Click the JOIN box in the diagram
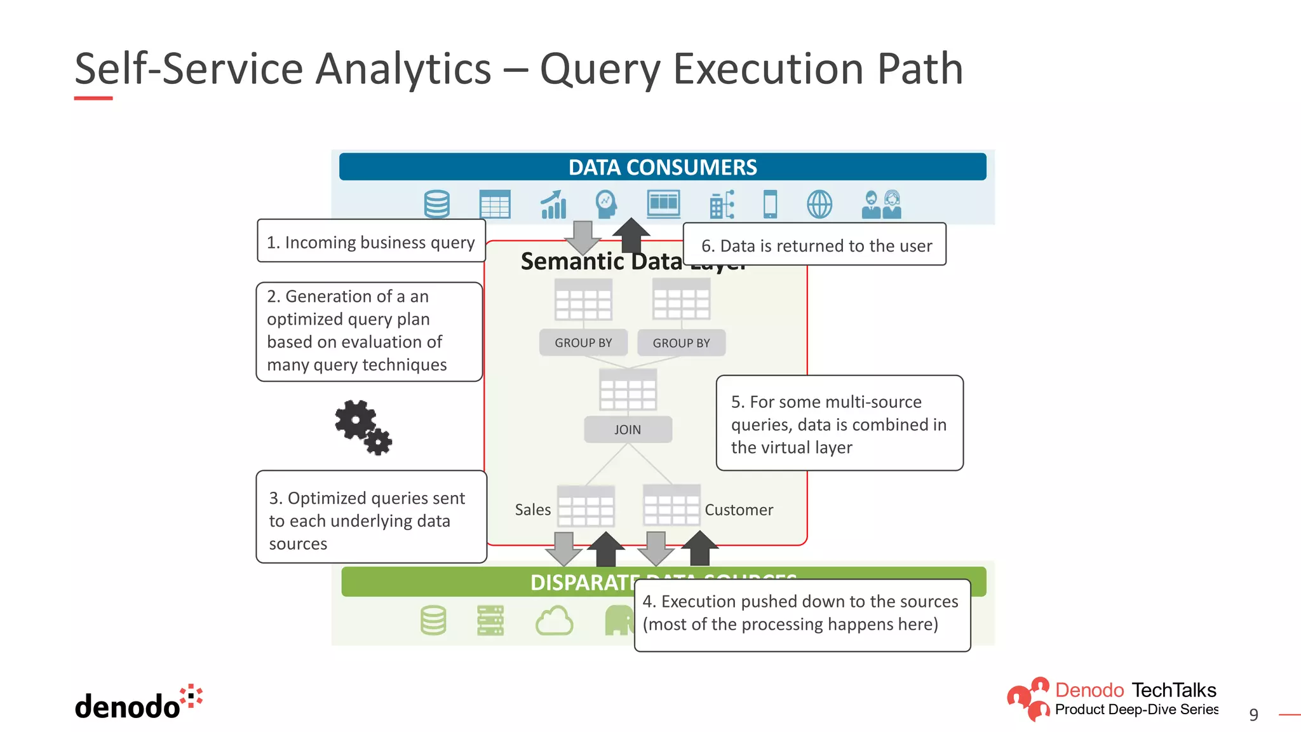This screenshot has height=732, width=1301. pos(628,430)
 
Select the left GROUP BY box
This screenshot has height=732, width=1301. pos(583,342)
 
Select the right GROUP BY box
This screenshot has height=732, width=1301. pos(681,342)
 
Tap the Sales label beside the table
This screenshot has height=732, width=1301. pos(532,510)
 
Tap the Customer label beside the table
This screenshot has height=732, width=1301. pos(738,510)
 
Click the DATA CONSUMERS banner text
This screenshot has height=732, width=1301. pos(662,167)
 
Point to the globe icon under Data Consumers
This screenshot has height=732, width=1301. pos(819,205)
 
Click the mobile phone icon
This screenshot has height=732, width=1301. pos(770,205)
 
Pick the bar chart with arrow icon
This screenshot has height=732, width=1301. pos(553,205)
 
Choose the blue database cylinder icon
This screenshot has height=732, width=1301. pos(436,205)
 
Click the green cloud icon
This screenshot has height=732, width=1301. pos(554,621)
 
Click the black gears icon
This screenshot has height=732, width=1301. pos(363,426)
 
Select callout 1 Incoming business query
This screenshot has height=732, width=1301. pos(371,242)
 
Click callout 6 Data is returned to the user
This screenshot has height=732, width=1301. pos(816,245)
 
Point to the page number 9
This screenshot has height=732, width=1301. pos(1253,715)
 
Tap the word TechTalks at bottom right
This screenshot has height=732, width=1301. pos(1173,690)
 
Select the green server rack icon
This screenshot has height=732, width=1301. pos(490,620)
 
